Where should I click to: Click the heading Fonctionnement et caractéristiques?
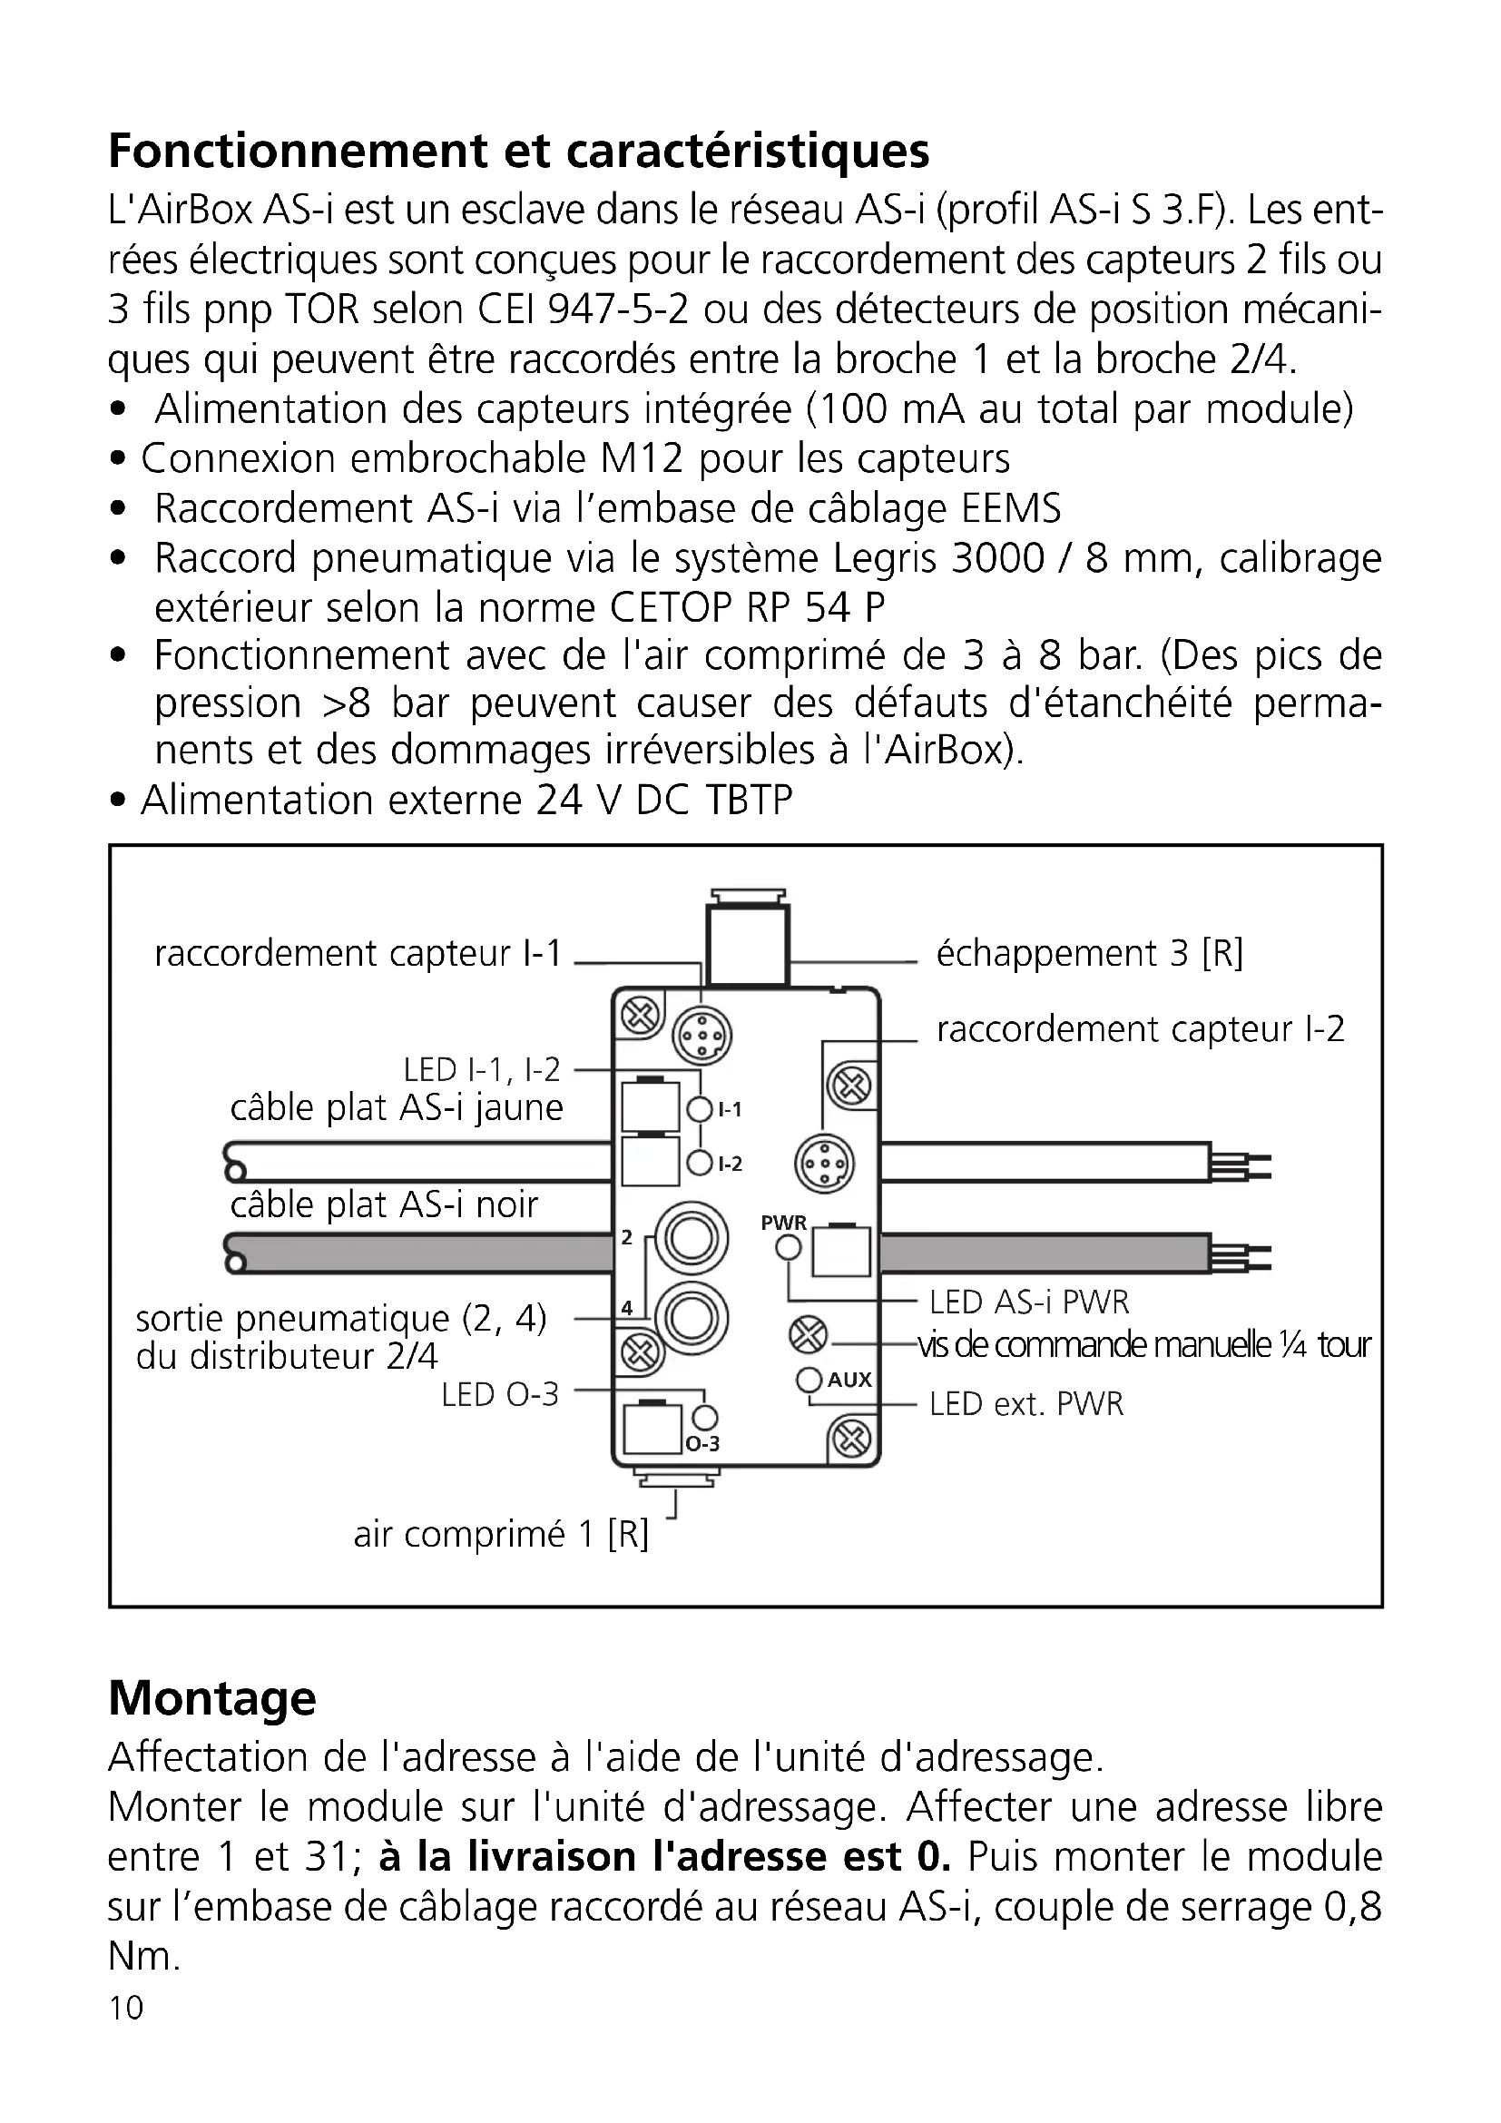pos(518,151)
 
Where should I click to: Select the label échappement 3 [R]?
pos(1089,953)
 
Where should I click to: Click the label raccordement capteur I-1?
pos(358,953)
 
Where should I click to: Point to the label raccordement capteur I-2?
pos(1140,1028)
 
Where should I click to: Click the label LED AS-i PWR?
pos(1029,1302)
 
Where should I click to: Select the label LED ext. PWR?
pos(1026,1403)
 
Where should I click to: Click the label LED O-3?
pos(500,1394)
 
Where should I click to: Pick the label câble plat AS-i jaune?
pos(397,1107)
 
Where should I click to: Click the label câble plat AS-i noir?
pos(384,1204)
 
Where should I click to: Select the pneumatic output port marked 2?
pos(691,1239)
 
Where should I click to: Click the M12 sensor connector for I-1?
pos(701,1036)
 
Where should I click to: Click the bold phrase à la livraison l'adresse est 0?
pos(664,1857)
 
